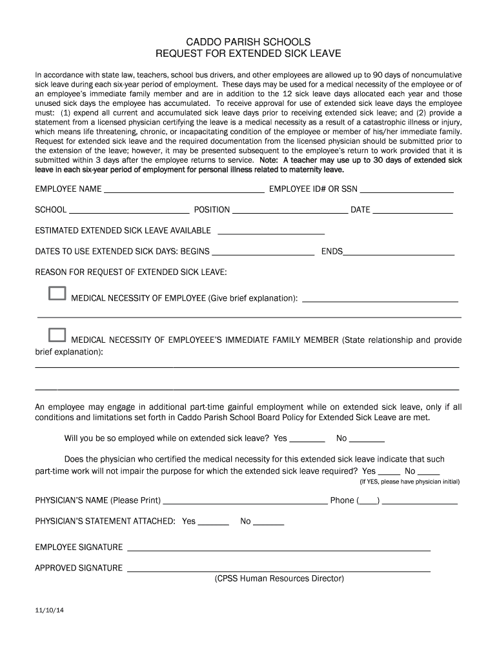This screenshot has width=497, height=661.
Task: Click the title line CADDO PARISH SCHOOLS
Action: tap(249, 41)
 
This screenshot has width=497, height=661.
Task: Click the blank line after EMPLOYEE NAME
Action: tap(184, 191)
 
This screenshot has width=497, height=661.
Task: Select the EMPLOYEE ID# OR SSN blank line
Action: tap(406, 191)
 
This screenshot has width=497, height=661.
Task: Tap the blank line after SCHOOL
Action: tap(128, 211)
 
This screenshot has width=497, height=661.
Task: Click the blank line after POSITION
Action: tap(290, 211)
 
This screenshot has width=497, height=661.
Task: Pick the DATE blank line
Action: tap(413, 211)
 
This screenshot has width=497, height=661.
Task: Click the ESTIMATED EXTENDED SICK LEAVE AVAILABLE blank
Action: tap(272, 232)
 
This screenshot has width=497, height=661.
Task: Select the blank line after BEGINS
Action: tap(263, 253)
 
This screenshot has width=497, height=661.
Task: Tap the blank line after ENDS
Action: tap(399, 253)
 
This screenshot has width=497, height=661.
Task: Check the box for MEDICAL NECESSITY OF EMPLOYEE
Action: tap(57, 294)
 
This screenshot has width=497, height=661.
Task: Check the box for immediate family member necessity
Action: tap(57, 335)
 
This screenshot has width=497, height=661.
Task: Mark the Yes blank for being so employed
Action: tap(303, 440)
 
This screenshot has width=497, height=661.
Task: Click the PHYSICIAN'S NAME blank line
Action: tap(245, 502)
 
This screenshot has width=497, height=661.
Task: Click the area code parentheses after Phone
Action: tap(368, 501)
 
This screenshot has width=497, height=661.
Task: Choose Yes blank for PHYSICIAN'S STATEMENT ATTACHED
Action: tap(214, 523)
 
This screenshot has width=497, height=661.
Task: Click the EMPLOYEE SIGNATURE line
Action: tap(279, 549)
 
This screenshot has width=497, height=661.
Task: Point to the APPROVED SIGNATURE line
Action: tap(279, 570)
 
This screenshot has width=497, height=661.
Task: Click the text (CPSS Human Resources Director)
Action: tap(279, 579)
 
